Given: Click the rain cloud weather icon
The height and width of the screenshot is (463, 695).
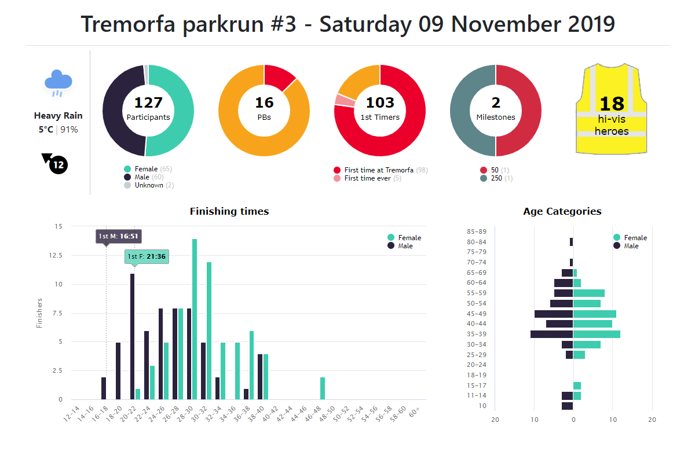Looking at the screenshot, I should point(58,82).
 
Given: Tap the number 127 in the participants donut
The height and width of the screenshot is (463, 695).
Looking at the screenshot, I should point(148,103).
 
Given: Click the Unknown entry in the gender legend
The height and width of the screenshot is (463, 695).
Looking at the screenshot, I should point(149,185).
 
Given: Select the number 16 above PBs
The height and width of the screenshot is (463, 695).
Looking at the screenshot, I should point(264,103).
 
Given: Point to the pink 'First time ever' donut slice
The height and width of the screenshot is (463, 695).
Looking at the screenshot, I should point(345,100).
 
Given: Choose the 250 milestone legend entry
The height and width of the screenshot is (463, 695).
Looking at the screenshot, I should point(496,178).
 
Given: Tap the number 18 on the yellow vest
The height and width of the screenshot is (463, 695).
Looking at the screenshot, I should point(612,104).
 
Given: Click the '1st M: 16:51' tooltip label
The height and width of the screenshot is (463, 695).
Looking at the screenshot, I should point(118,236).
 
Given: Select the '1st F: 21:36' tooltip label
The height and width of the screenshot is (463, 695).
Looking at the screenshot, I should point(147,256).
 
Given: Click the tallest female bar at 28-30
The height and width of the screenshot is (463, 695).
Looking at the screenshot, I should point(195,319).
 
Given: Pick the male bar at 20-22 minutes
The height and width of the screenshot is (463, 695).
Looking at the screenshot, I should point(132,336).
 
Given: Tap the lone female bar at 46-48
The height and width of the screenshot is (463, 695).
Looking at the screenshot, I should point(323,388).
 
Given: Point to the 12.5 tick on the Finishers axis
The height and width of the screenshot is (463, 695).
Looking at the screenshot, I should point(55,255).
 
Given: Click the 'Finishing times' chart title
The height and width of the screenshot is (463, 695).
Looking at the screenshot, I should point(229,211).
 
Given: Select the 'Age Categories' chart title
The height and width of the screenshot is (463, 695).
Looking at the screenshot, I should point(562,211).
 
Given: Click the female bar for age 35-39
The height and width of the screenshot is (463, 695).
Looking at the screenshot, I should point(597,334).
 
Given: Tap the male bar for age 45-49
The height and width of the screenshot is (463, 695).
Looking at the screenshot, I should point(554,314).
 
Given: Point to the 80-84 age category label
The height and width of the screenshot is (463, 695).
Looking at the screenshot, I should point(476,242).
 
